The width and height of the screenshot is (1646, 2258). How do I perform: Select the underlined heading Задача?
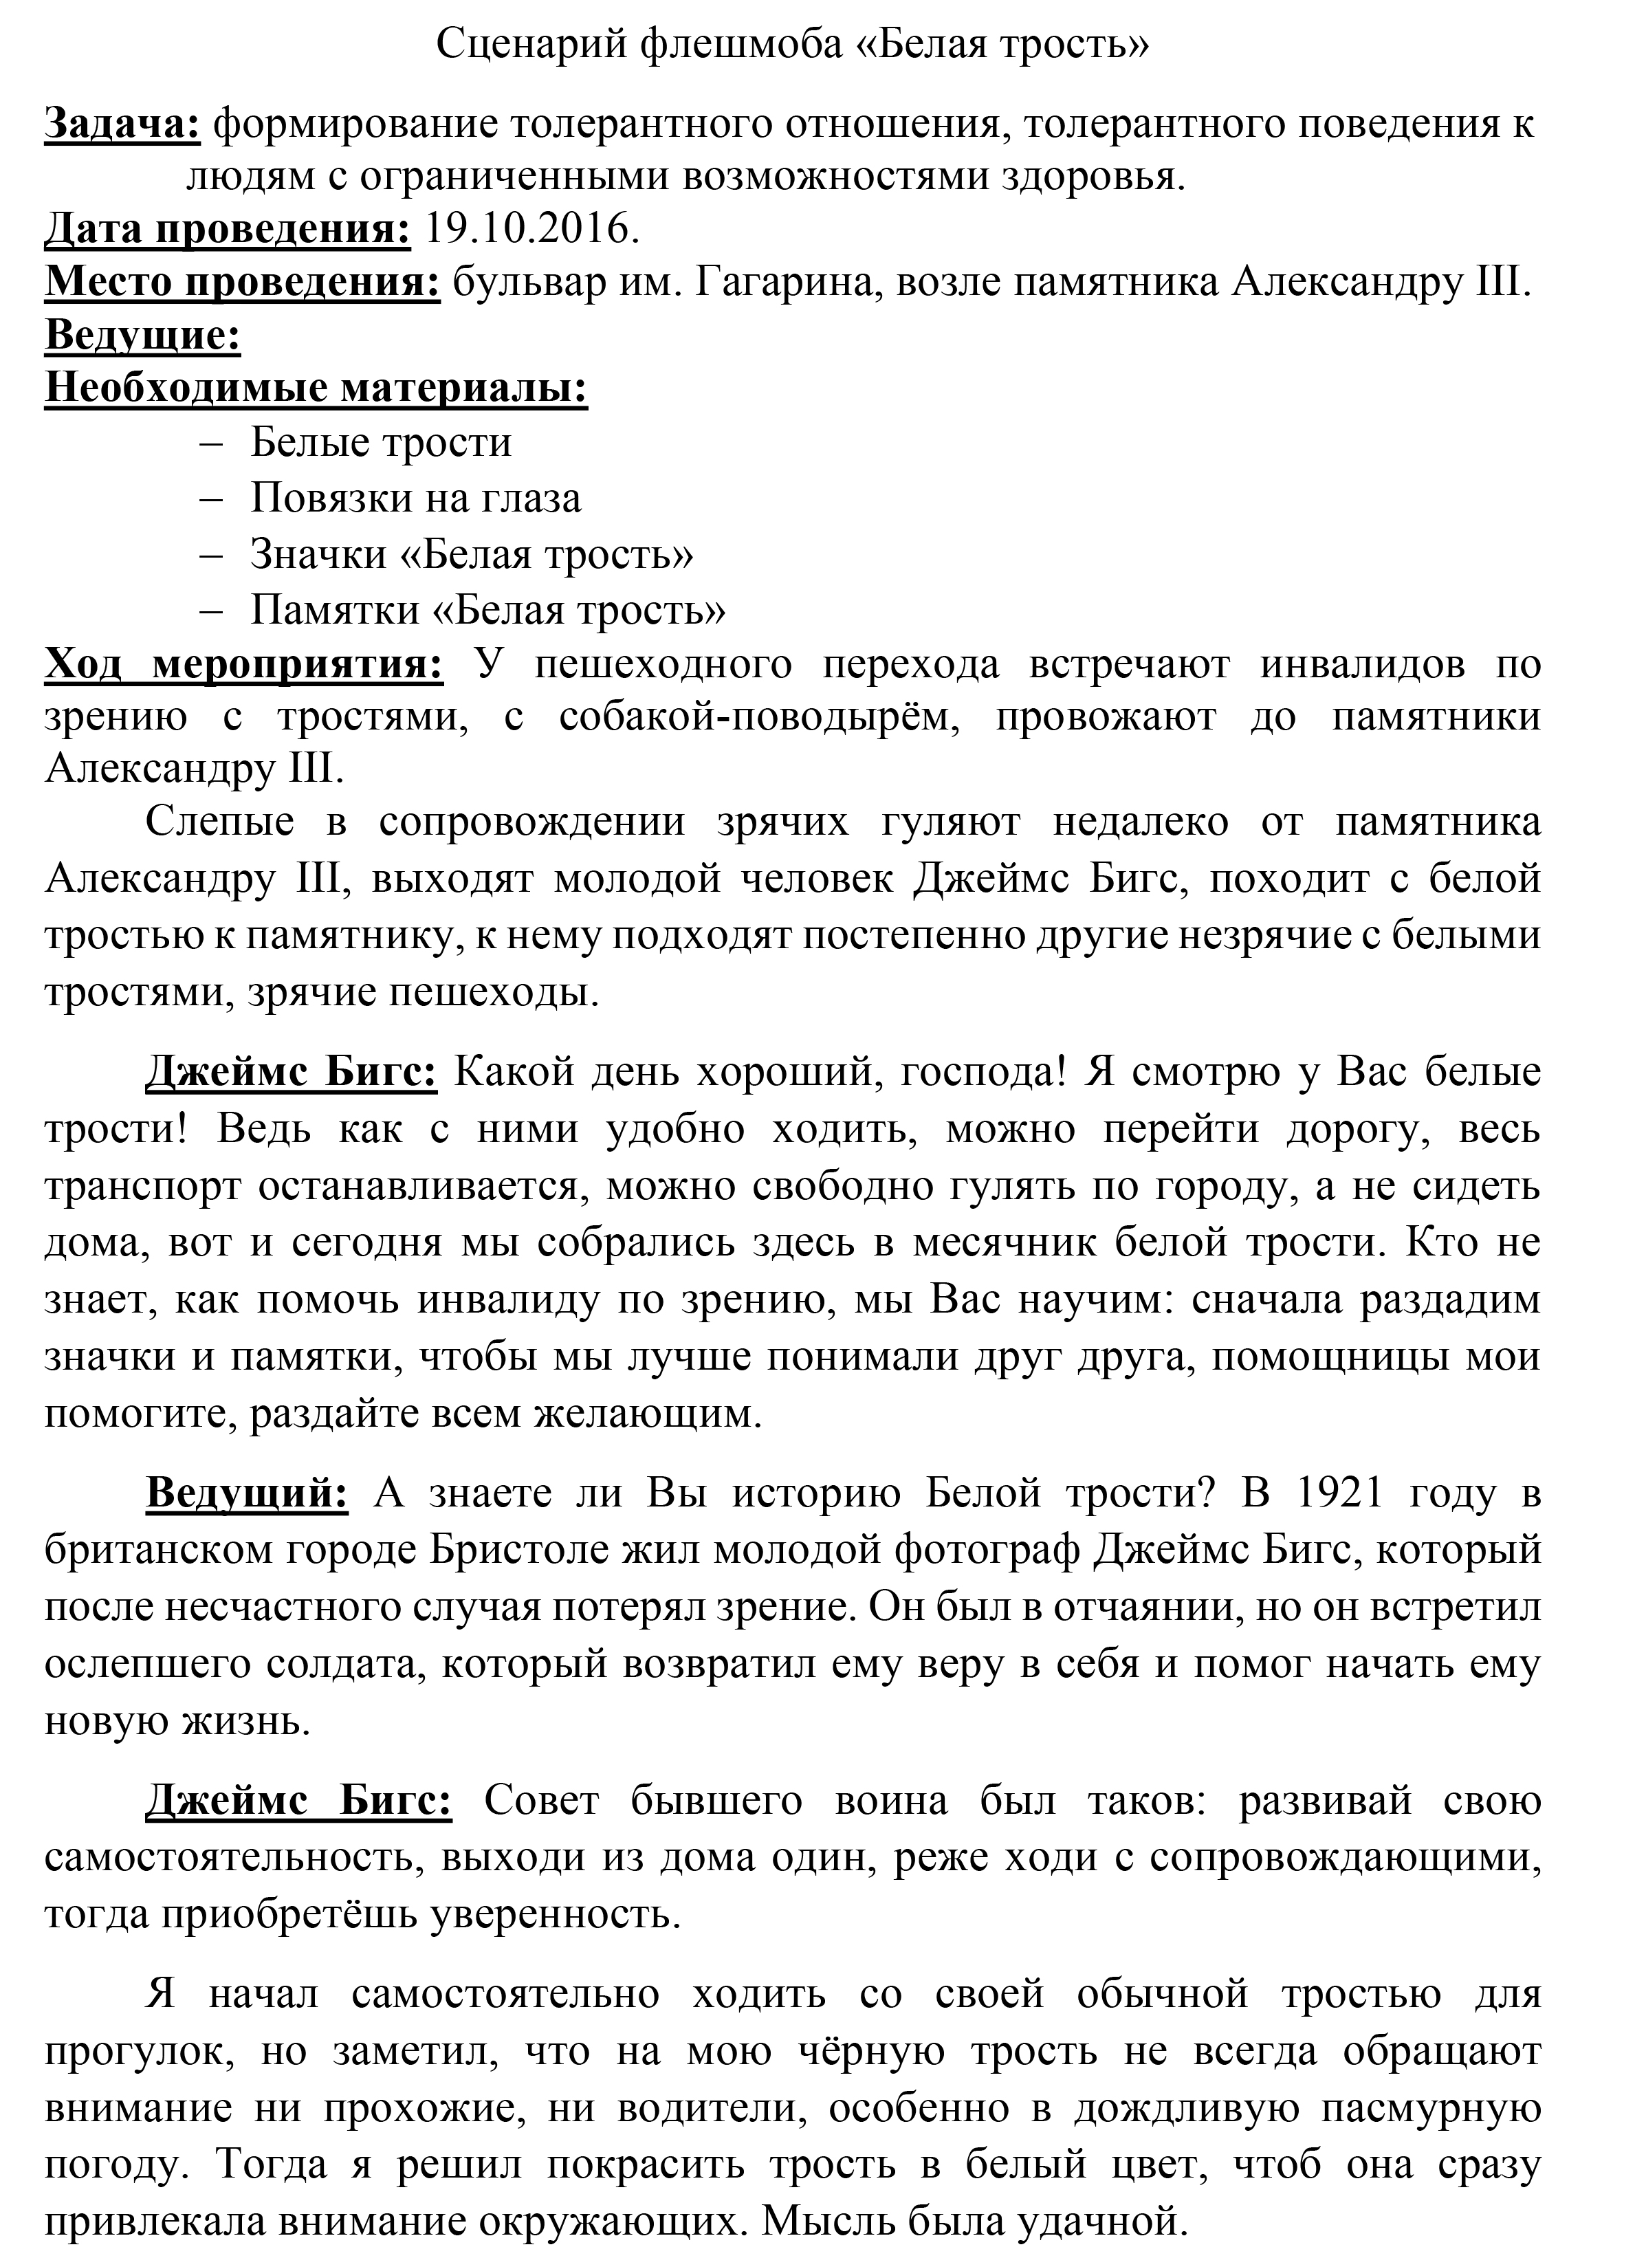tap(122, 124)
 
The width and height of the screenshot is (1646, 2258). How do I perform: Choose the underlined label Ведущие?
tap(142, 336)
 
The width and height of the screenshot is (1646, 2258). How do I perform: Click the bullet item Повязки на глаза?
tap(415, 498)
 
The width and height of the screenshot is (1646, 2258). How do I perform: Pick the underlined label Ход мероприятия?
tap(244, 664)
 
